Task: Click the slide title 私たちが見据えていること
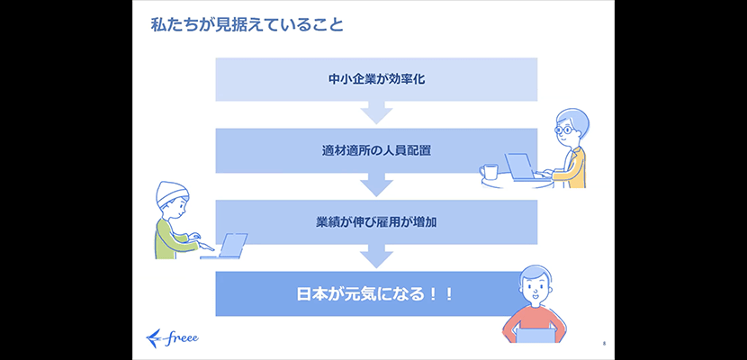(x=247, y=25)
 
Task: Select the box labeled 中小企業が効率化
(x=376, y=79)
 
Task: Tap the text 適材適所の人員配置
(x=376, y=151)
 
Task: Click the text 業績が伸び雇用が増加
(x=376, y=222)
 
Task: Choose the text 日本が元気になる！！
(x=374, y=293)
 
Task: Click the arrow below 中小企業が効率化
(x=376, y=112)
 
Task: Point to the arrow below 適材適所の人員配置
(x=376, y=184)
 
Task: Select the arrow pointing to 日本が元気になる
(x=376, y=256)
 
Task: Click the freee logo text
(x=184, y=338)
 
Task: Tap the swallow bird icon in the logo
(x=156, y=337)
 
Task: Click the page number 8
(x=604, y=343)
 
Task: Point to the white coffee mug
(x=490, y=171)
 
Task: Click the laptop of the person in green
(x=228, y=246)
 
